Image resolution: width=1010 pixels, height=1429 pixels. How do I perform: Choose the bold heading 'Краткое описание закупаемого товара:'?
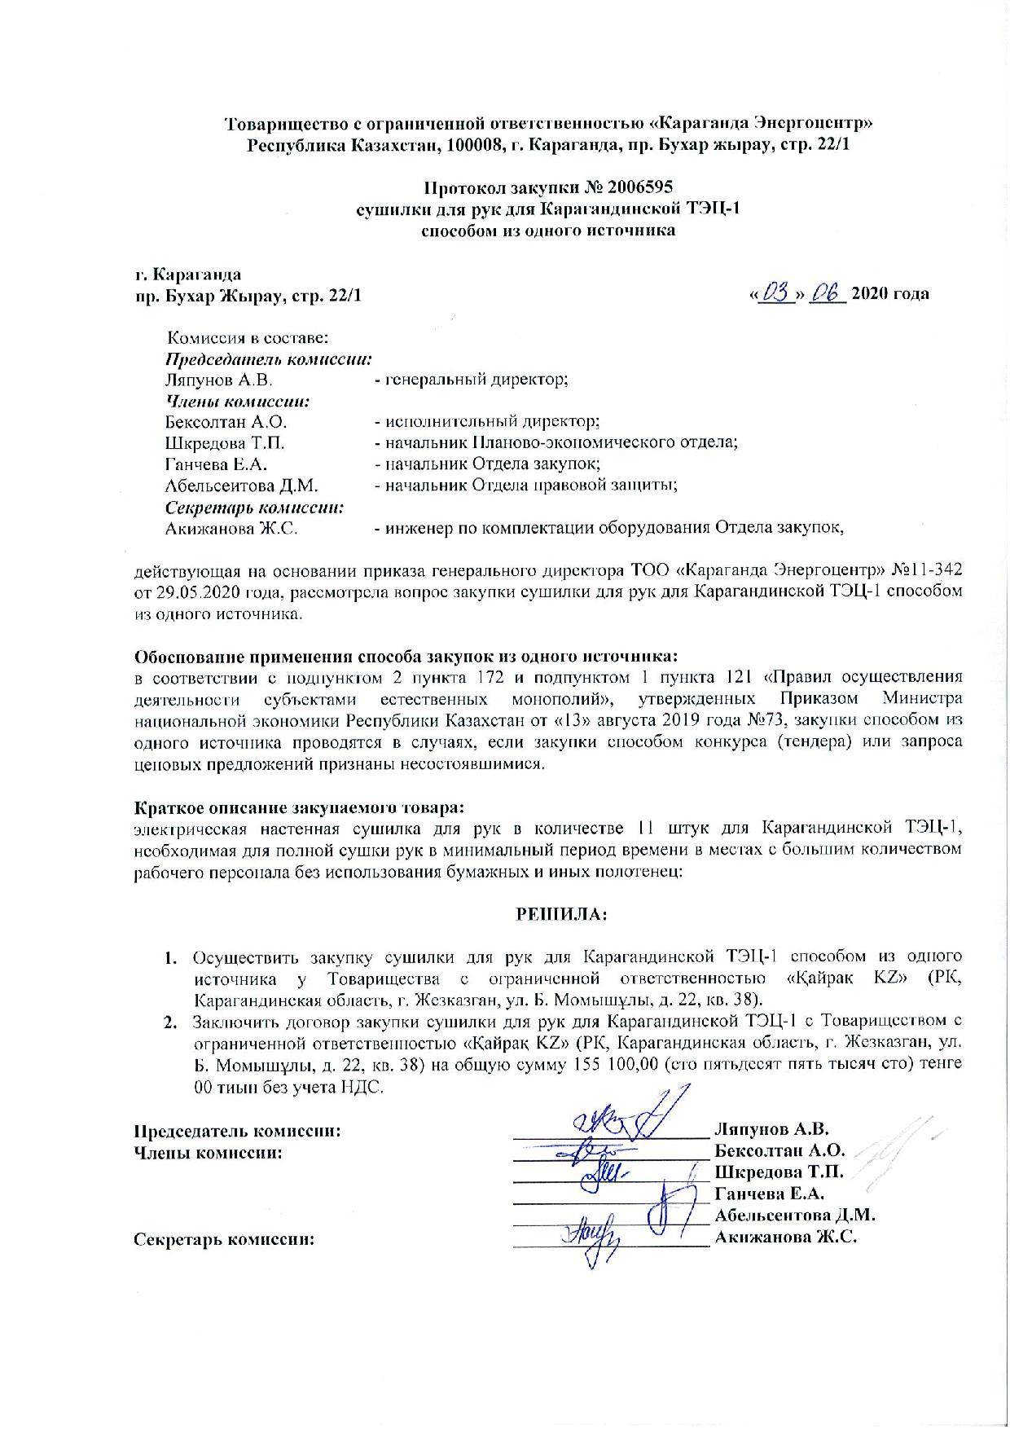pyautogui.click(x=299, y=808)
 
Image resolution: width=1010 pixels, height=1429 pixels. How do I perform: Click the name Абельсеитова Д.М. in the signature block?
pyautogui.click(x=795, y=1216)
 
